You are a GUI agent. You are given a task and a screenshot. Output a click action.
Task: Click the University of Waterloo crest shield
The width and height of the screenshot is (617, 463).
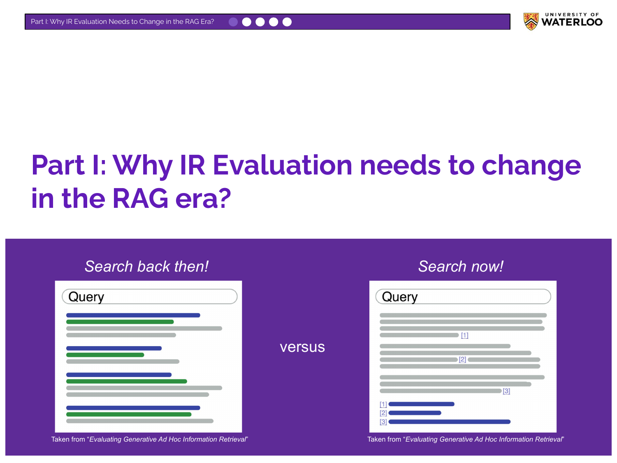click(531, 22)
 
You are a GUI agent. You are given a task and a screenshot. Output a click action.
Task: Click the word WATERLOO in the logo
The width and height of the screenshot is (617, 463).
click(572, 22)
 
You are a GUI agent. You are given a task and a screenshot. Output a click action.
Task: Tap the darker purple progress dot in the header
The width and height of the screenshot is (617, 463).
click(233, 22)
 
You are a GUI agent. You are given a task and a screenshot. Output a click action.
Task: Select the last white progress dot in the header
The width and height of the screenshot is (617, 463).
click(287, 22)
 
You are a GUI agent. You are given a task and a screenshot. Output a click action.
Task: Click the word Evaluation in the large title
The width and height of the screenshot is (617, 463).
click(282, 165)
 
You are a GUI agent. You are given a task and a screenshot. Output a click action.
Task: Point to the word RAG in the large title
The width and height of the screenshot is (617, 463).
click(140, 198)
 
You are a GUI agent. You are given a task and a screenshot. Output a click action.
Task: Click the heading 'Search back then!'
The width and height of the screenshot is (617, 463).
click(146, 266)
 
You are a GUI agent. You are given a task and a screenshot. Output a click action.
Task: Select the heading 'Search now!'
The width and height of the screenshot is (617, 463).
click(461, 266)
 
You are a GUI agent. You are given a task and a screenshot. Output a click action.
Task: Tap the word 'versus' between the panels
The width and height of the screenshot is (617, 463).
click(302, 347)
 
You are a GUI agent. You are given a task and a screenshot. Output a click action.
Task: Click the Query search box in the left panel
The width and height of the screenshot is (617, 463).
click(150, 297)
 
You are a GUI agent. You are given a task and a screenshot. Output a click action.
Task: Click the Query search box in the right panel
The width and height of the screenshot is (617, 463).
click(463, 297)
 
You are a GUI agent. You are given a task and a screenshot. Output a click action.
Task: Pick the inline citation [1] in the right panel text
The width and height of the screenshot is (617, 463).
click(465, 335)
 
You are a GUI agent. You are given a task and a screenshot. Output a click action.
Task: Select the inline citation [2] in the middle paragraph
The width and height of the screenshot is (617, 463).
click(462, 360)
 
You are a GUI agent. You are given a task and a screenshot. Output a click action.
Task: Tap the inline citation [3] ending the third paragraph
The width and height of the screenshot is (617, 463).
click(506, 391)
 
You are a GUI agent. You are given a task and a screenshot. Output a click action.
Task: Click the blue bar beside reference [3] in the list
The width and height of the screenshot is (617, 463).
click(450, 422)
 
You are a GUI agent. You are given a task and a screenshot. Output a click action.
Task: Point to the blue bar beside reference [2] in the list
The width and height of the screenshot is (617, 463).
click(415, 413)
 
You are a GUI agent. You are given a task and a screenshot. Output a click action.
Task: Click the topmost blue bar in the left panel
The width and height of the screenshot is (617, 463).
click(133, 315)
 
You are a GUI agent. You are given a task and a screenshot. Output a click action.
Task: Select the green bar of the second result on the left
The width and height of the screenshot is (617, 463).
click(105, 355)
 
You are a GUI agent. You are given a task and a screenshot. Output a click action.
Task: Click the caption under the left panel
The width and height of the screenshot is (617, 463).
click(150, 440)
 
